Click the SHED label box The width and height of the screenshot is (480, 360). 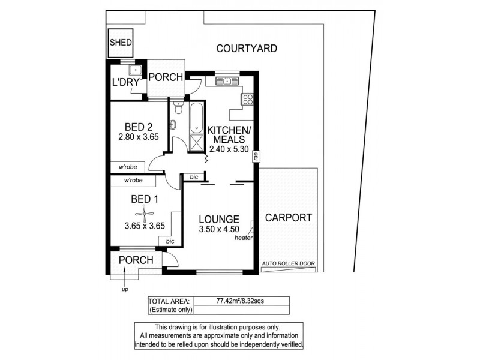[120, 43]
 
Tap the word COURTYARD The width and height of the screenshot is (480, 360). [247, 49]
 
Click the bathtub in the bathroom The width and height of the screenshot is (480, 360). [196, 118]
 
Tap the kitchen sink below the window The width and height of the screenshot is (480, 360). [227, 82]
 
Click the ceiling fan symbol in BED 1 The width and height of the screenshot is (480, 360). [145, 213]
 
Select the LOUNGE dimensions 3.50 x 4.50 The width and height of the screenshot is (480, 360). [220, 230]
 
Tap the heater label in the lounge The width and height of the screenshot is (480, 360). [244, 238]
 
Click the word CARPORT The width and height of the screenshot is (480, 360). [288, 218]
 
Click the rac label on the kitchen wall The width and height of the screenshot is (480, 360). [256, 157]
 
